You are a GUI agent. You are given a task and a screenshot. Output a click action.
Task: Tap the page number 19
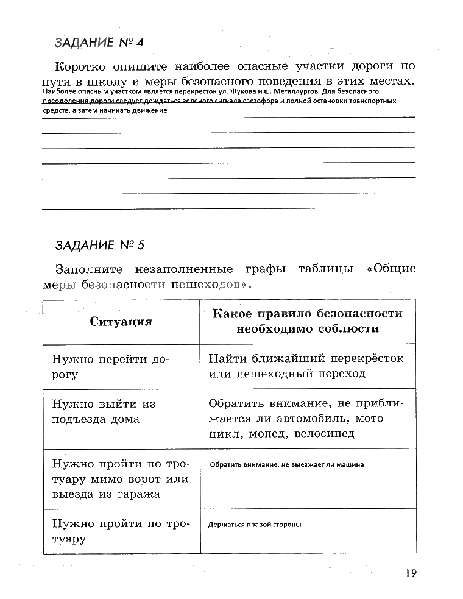(409, 573)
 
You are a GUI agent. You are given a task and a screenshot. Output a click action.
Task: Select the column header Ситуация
(121, 322)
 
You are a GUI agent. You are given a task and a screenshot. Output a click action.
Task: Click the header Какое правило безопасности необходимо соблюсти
(308, 321)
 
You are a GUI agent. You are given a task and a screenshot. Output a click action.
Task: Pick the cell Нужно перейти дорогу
(110, 367)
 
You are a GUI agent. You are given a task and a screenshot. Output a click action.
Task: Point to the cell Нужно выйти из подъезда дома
(104, 411)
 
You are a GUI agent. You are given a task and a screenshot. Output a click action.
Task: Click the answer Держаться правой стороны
(255, 525)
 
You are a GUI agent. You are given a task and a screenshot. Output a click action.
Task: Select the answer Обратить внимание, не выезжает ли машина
(286, 464)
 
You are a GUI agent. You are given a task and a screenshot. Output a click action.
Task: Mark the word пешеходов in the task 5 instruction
(211, 285)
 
